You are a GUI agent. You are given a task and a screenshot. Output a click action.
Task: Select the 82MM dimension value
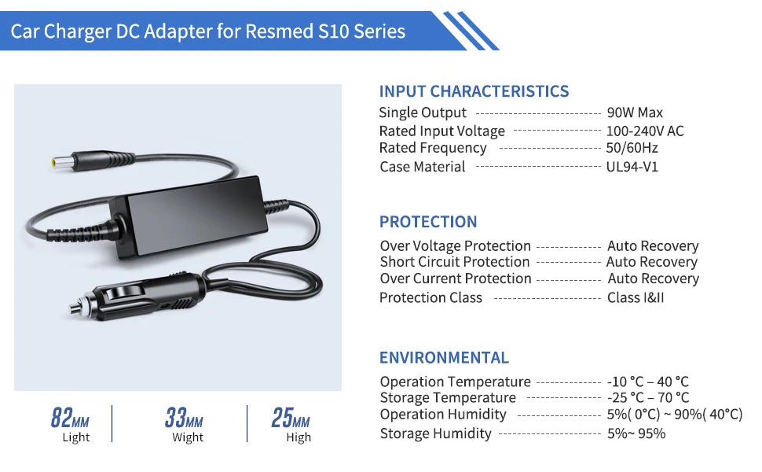70,418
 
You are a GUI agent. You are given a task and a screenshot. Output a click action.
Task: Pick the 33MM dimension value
185,418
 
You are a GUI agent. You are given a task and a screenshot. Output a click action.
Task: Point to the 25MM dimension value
291,418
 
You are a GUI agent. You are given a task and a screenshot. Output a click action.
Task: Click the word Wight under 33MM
188,437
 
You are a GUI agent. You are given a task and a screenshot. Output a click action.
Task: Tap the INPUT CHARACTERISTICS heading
474,91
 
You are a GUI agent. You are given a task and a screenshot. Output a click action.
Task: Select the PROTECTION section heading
428,222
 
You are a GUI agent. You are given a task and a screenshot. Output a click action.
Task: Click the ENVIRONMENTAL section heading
444,358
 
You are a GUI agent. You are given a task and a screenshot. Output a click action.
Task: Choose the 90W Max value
635,112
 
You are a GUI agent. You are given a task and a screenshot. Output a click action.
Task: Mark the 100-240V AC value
645,131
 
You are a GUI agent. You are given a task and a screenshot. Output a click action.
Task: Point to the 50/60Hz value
632,148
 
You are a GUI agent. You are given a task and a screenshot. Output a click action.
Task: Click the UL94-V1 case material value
632,167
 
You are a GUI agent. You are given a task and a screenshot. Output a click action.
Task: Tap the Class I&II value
636,297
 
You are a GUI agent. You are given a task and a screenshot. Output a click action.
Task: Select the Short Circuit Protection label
455,262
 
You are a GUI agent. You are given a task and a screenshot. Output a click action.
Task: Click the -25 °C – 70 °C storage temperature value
648,398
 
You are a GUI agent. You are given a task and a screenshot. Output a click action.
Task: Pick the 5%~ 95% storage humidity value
636,433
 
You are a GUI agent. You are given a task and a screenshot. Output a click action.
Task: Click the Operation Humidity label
443,415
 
